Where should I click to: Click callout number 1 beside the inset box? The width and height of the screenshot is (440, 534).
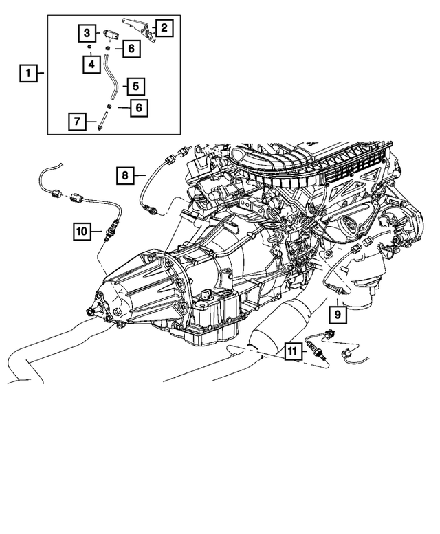28,72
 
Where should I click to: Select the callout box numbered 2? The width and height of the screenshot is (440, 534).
164,28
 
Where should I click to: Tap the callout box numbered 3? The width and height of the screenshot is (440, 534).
87,32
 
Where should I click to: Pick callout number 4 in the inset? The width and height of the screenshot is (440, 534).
89,65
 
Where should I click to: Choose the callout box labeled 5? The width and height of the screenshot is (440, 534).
135,86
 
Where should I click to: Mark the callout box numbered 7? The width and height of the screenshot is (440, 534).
78,122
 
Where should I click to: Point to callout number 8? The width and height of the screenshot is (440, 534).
126,176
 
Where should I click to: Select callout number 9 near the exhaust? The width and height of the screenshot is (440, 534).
338,314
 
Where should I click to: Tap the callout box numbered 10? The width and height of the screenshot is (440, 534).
81,232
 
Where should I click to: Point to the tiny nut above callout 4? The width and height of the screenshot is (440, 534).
90,48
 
